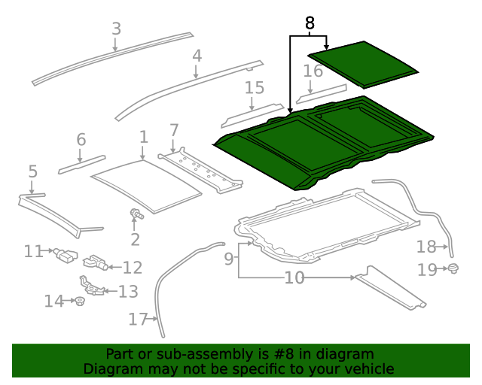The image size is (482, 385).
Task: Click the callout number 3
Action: click(x=116, y=29)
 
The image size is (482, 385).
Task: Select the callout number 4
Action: click(x=197, y=56)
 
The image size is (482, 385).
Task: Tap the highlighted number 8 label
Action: click(x=309, y=23)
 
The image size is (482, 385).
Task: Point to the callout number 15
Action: click(x=255, y=88)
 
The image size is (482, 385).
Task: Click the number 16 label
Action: click(x=313, y=71)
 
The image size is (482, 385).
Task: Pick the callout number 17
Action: click(x=136, y=320)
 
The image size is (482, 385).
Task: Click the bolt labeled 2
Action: click(x=137, y=214)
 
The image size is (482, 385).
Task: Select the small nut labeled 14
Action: click(x=78, y=302)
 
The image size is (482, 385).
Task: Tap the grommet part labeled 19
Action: click(x=453, y=268)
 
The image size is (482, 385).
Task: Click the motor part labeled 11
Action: click(x=67, y=254)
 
